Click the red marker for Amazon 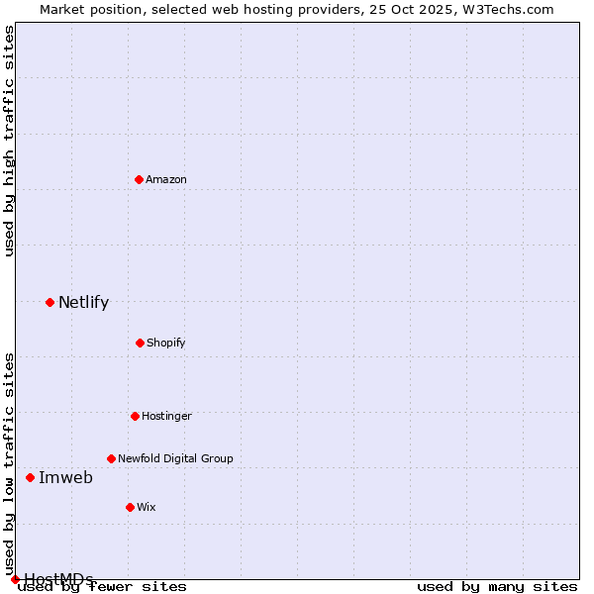click(x=139, y=179)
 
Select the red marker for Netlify click(x=49, y=302)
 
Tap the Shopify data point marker click(x=140, y=343)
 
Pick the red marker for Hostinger click(x=135, y=416)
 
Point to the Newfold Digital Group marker click(x=111, y=458)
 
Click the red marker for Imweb click(x=30, y=477)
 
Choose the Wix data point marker click(x=130, y=507)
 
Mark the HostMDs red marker click(x=15, y=579)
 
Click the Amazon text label click(x=166, y=179)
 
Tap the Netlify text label click(x=83, y=303)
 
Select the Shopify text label click(x=166, y=343)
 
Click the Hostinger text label click(x=166, y=416)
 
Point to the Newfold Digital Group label click(x=175, y=458)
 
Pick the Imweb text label click(x=65, y=478)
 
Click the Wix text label click(x=147, y=507)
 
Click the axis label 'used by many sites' click(x=497, y=587)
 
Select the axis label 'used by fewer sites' click(x=103, y=587)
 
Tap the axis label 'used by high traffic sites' click(x=10, y=141)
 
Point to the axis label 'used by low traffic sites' click(x=10, y=463)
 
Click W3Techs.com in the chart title click(x=505, y=9)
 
